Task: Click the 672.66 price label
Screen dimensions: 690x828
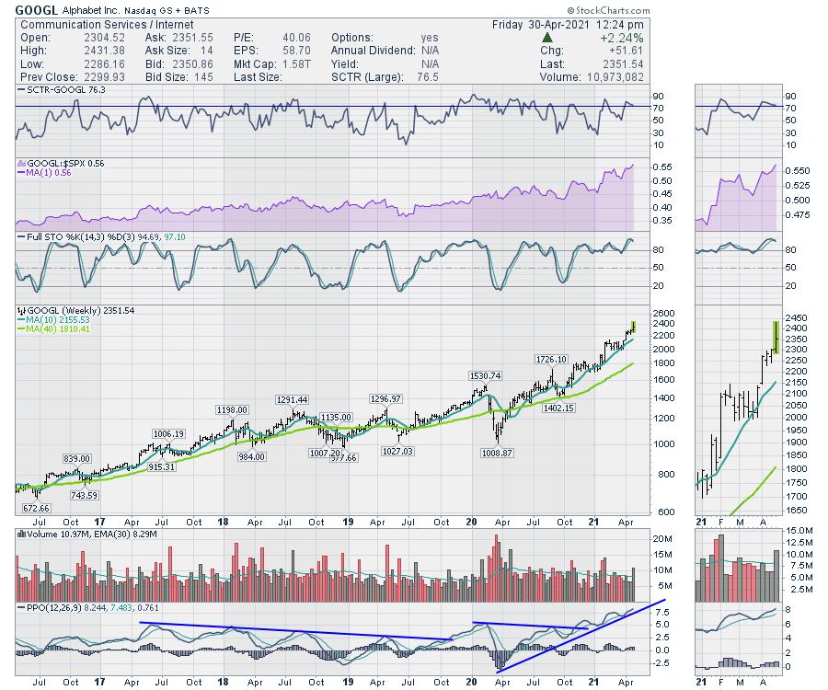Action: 37,508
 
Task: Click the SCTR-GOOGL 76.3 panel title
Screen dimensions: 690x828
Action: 61,90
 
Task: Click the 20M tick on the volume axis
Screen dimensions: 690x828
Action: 660,539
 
